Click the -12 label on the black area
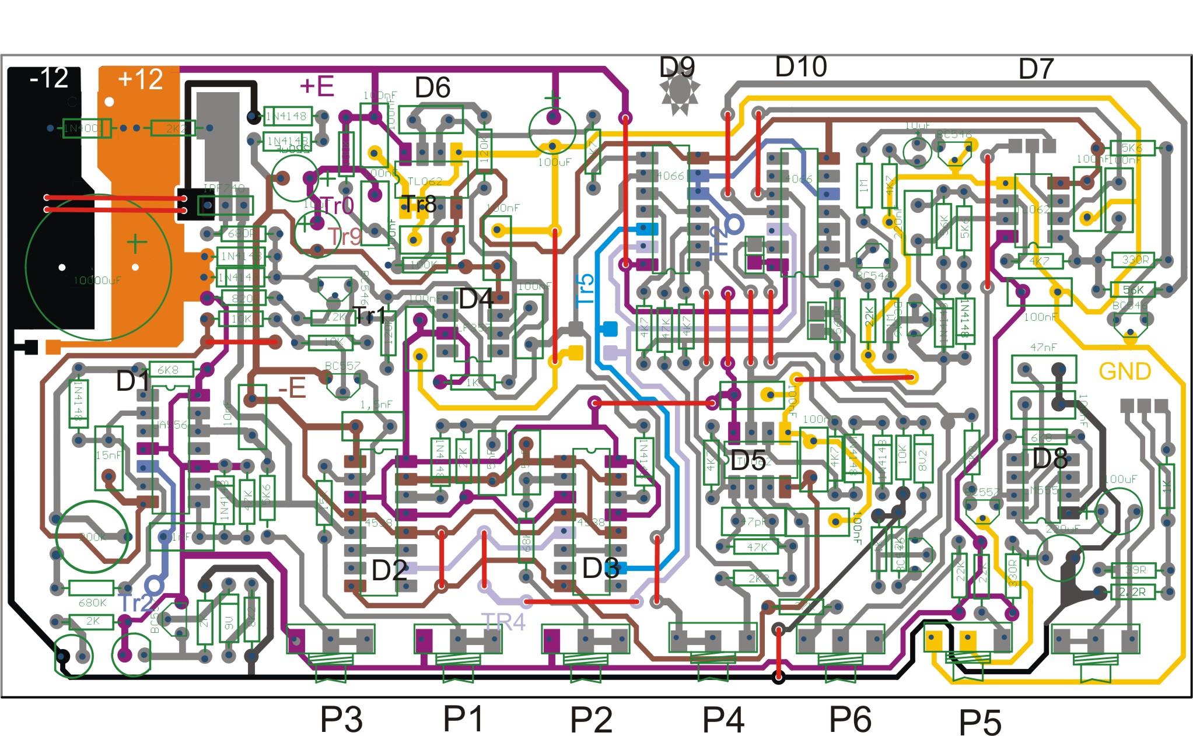pos(49,78)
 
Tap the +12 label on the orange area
pos(140,79)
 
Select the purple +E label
pos(317,86)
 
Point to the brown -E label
pos(292,388)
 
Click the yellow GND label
pos(1124,371)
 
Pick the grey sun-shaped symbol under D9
pos(679,93)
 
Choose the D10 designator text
pos(800,67)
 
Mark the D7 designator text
pos(1035,69)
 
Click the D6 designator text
pos(432,88)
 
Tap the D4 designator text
pos(476,299)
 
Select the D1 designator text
pos(133,381)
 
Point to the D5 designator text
pos(748,461)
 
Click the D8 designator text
pos(1049,459)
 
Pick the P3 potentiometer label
pos(341,719)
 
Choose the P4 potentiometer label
pos(723,719)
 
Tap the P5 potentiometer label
pos(980,722)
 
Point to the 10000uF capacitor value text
pos(97,281)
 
